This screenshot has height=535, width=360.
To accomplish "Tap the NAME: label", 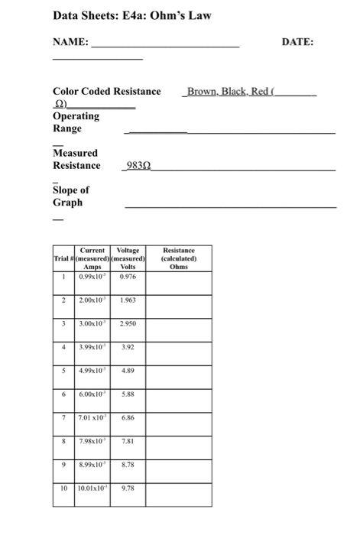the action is pyautogui.click(x=70, y=44).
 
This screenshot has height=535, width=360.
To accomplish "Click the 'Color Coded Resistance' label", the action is pyautogui.click(x=106, y=91).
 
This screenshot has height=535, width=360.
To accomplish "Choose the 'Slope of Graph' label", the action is pyautogui.click(x=70, y=196).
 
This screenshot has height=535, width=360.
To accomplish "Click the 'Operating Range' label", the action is pyautogui.click(x=76, y=122).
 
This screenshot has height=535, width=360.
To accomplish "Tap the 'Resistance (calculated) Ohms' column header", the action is pyautogui.click(x=181, y=258).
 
